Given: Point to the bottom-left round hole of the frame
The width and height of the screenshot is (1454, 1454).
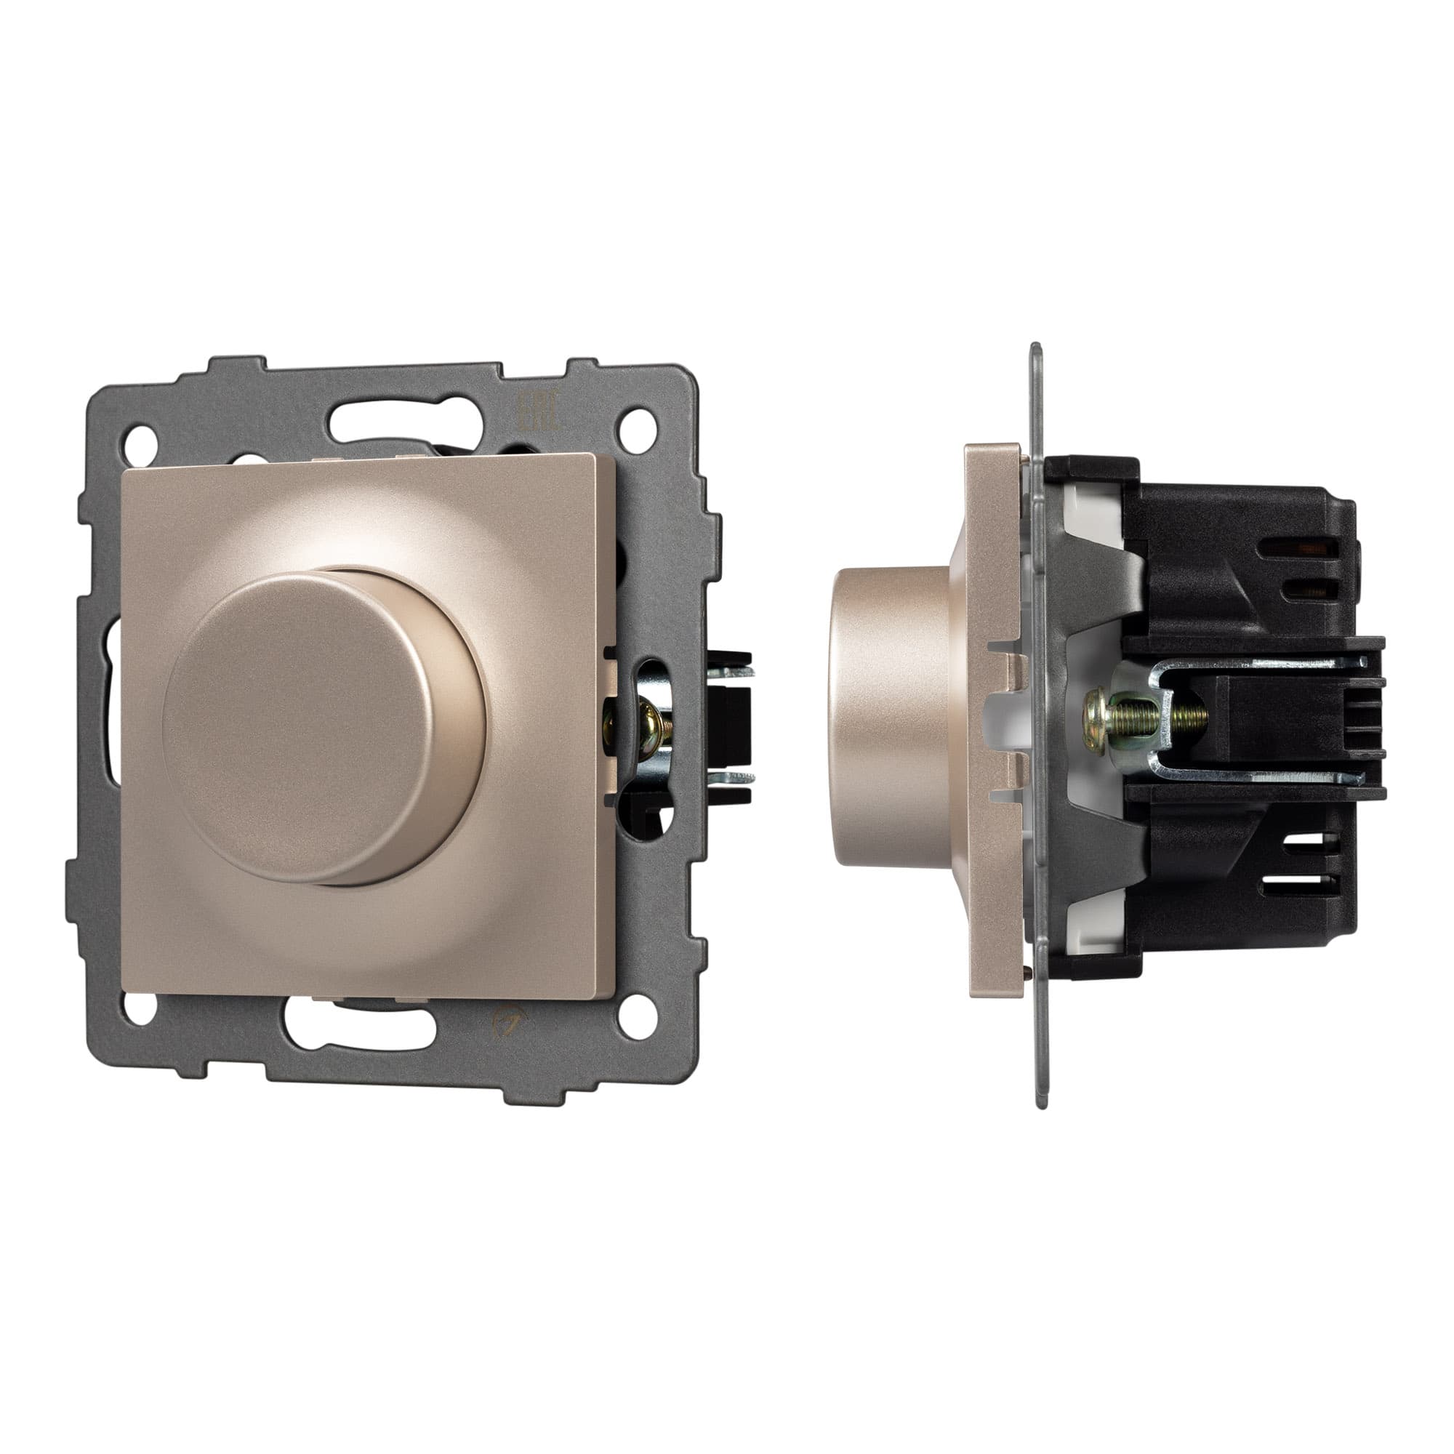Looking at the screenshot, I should [136, 1005].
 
